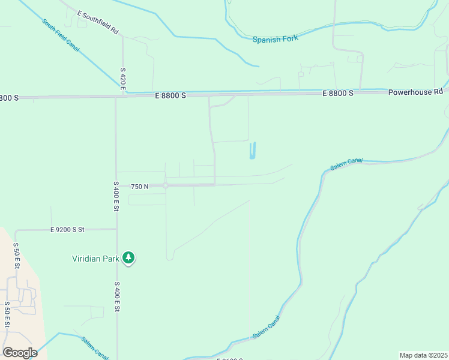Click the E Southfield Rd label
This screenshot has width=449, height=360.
pos(98,22)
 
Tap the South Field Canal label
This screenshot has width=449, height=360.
pos(61,35)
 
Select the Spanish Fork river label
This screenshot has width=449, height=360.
pos(276,40)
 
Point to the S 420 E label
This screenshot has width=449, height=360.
pos(122,79)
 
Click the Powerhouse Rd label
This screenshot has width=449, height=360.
pos(415,92)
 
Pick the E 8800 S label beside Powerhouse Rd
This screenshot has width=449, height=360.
pos(338,94)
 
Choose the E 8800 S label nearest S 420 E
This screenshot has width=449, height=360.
pos(170,95)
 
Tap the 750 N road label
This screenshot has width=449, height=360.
pos(139,187)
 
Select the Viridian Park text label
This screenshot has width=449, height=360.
pos(95,259)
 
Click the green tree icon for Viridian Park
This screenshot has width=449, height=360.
pos(128,258)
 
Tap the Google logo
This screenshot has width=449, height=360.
pos(20,353)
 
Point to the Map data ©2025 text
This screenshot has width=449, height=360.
pos(424,355)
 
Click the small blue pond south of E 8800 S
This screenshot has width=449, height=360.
pos(252,151)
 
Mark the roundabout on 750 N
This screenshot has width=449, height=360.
pos(166,185)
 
